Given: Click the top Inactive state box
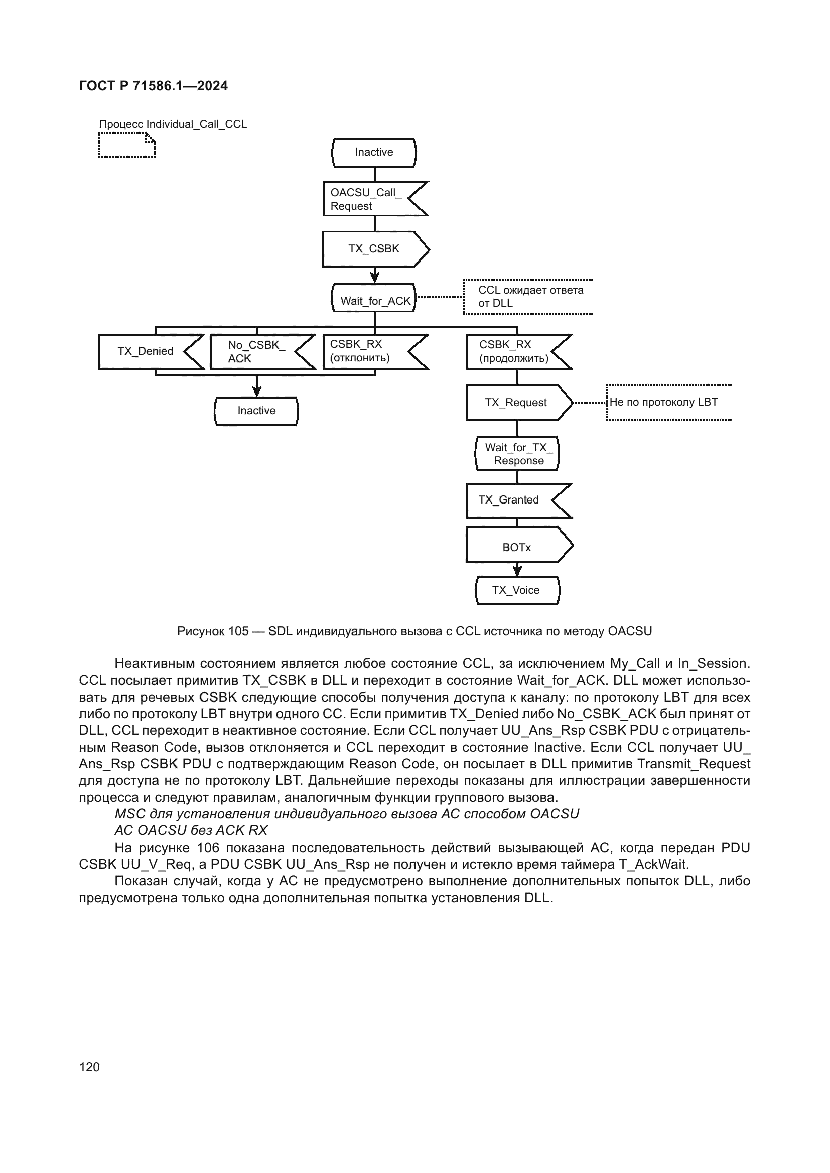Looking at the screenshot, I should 374,153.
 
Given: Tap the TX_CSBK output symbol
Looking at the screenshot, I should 374,249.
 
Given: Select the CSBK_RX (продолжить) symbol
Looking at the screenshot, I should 514,352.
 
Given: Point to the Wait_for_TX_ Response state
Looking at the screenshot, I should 517,454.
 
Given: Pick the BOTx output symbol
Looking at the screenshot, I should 516,547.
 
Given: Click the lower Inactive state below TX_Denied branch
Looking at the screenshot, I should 256,411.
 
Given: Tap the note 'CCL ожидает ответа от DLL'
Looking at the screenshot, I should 529,297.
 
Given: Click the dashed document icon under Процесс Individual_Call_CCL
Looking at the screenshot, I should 127,145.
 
